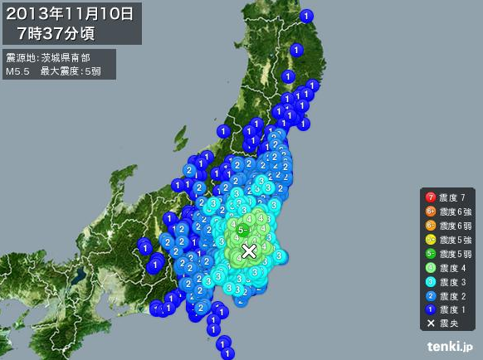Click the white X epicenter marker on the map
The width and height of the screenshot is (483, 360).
click(x=249, y=251)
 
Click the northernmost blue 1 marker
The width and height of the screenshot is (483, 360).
click(x=307, y=15)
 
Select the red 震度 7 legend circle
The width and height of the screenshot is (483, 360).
click(x=430, y=197)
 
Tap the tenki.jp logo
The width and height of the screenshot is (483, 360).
click(x=450, y=346)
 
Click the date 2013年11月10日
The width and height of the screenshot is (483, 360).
click(x=71, y=14)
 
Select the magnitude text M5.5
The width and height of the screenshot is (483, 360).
click(x=17, y=71)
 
